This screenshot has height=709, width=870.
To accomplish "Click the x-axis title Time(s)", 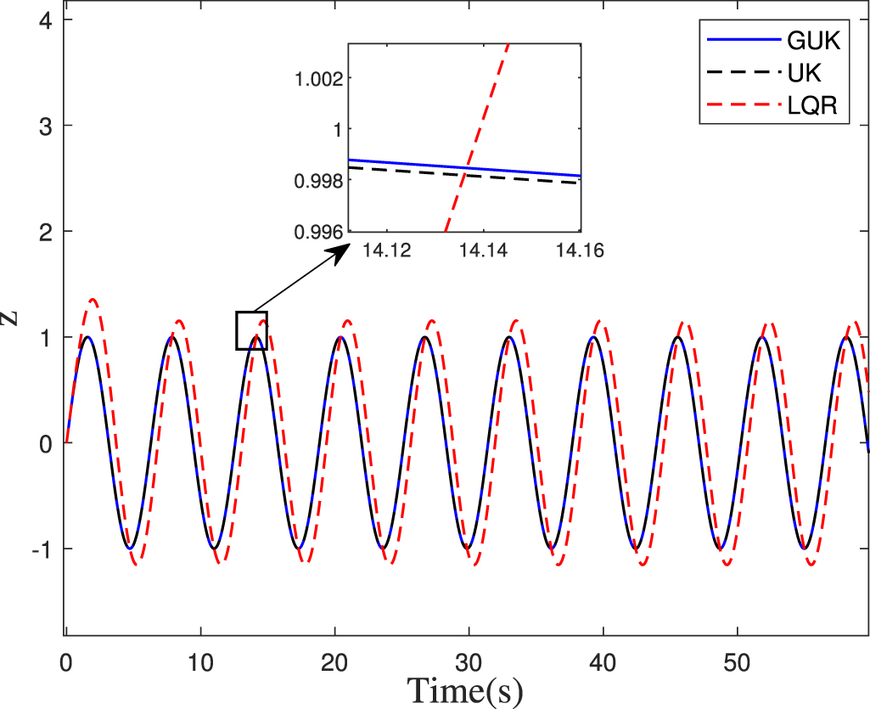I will [x=464, y=689].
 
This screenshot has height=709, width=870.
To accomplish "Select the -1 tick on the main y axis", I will [x=44, y=549].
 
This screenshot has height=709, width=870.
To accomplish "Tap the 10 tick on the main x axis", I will [x=200, y=655].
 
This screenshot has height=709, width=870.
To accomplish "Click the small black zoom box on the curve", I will [x=252, y=330].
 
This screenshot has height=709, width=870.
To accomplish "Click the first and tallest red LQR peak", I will [x=93, y=300].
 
